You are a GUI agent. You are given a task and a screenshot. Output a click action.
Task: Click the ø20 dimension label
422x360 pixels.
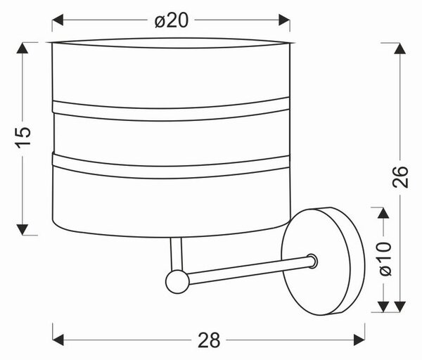pyautogui.click(x=172, y=20)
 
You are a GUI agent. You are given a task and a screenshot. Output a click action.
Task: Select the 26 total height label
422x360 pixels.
pyautogui.click(x=400, y=176)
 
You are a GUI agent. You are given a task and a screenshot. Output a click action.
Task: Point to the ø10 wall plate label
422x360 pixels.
pyautogui.click(x=385, y=259)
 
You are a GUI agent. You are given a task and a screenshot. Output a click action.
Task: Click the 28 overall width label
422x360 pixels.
pyautogui.click(x=209, y=340)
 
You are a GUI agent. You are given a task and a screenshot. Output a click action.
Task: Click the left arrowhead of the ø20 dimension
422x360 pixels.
pyautogui.click(x=58, y=20)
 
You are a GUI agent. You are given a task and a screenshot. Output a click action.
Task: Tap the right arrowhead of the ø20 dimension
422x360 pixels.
pyautogui.click(x=284, y=20)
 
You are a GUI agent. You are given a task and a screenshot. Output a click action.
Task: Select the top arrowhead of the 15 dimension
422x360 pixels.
pyautogui.click(x=23, y=48)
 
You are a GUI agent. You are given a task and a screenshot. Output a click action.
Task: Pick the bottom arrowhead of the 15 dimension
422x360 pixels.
pyautogui.click(x=23, y=229)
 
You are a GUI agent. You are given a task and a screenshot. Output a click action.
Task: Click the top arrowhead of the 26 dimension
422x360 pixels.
pyautogui.click(x=400, y=48)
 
